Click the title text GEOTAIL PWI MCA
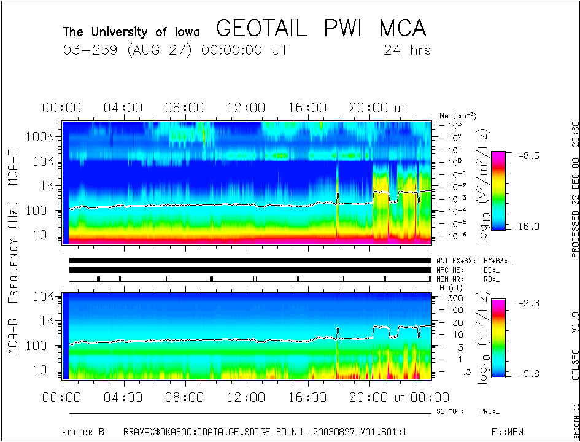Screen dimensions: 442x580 click(321, 29)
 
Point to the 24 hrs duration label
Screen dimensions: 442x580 click(407, 50)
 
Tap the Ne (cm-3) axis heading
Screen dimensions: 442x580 click(458, 115)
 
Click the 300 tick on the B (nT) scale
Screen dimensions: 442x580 click(454, 298)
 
